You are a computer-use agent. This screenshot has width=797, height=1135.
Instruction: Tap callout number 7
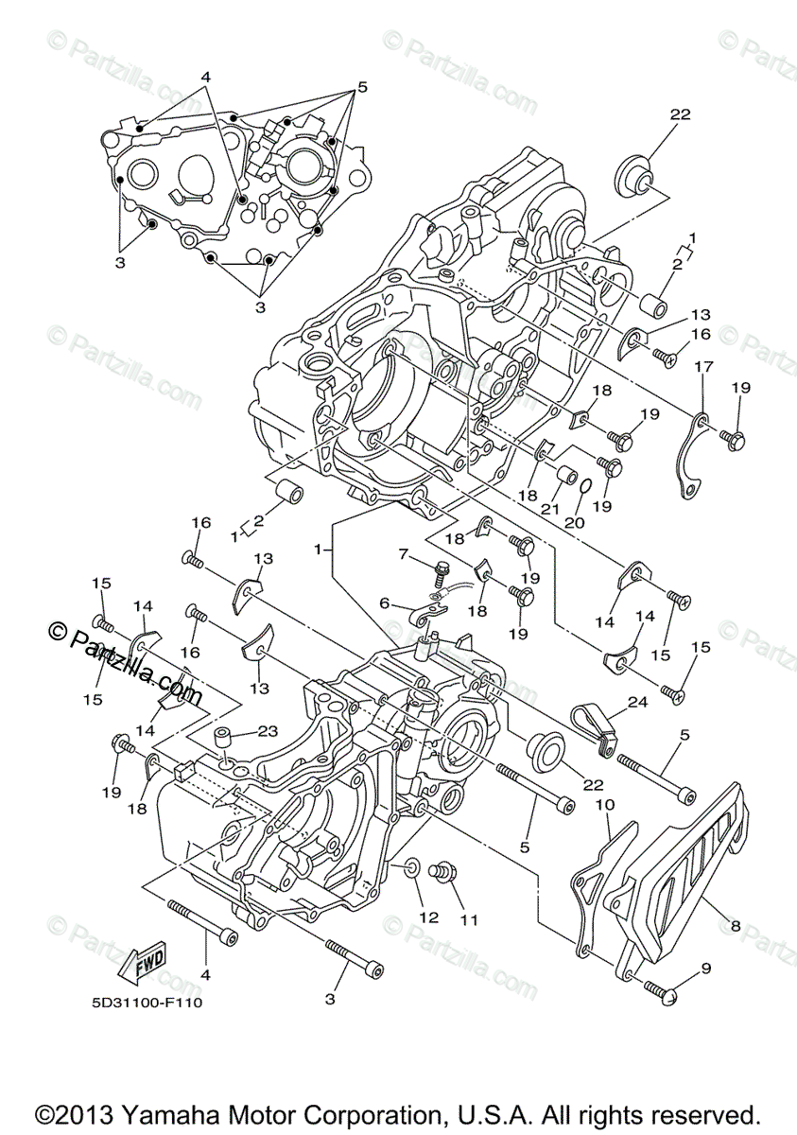(402, 552)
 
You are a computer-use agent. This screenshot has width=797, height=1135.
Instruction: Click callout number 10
(385, 602)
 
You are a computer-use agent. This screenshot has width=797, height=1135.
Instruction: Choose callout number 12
(431, 916)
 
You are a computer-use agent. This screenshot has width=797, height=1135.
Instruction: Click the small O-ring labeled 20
(585, 486)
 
